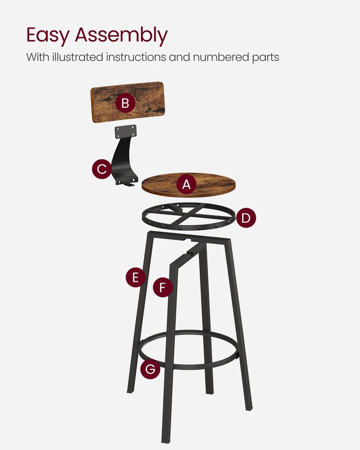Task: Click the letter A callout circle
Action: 187,184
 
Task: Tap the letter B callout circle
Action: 125,103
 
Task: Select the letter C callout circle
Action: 102,169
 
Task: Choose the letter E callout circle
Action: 135,278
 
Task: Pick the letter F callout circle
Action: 163,287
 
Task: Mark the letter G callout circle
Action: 150,369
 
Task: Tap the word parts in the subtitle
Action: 266,58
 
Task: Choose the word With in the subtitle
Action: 36,57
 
